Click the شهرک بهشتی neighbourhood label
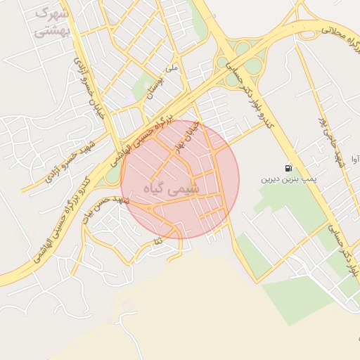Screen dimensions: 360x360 pos(51,22)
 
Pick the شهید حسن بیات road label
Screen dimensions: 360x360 pos(105,208)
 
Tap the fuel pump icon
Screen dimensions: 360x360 pos(288,168)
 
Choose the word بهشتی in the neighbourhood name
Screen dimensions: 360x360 pos(51,30)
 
